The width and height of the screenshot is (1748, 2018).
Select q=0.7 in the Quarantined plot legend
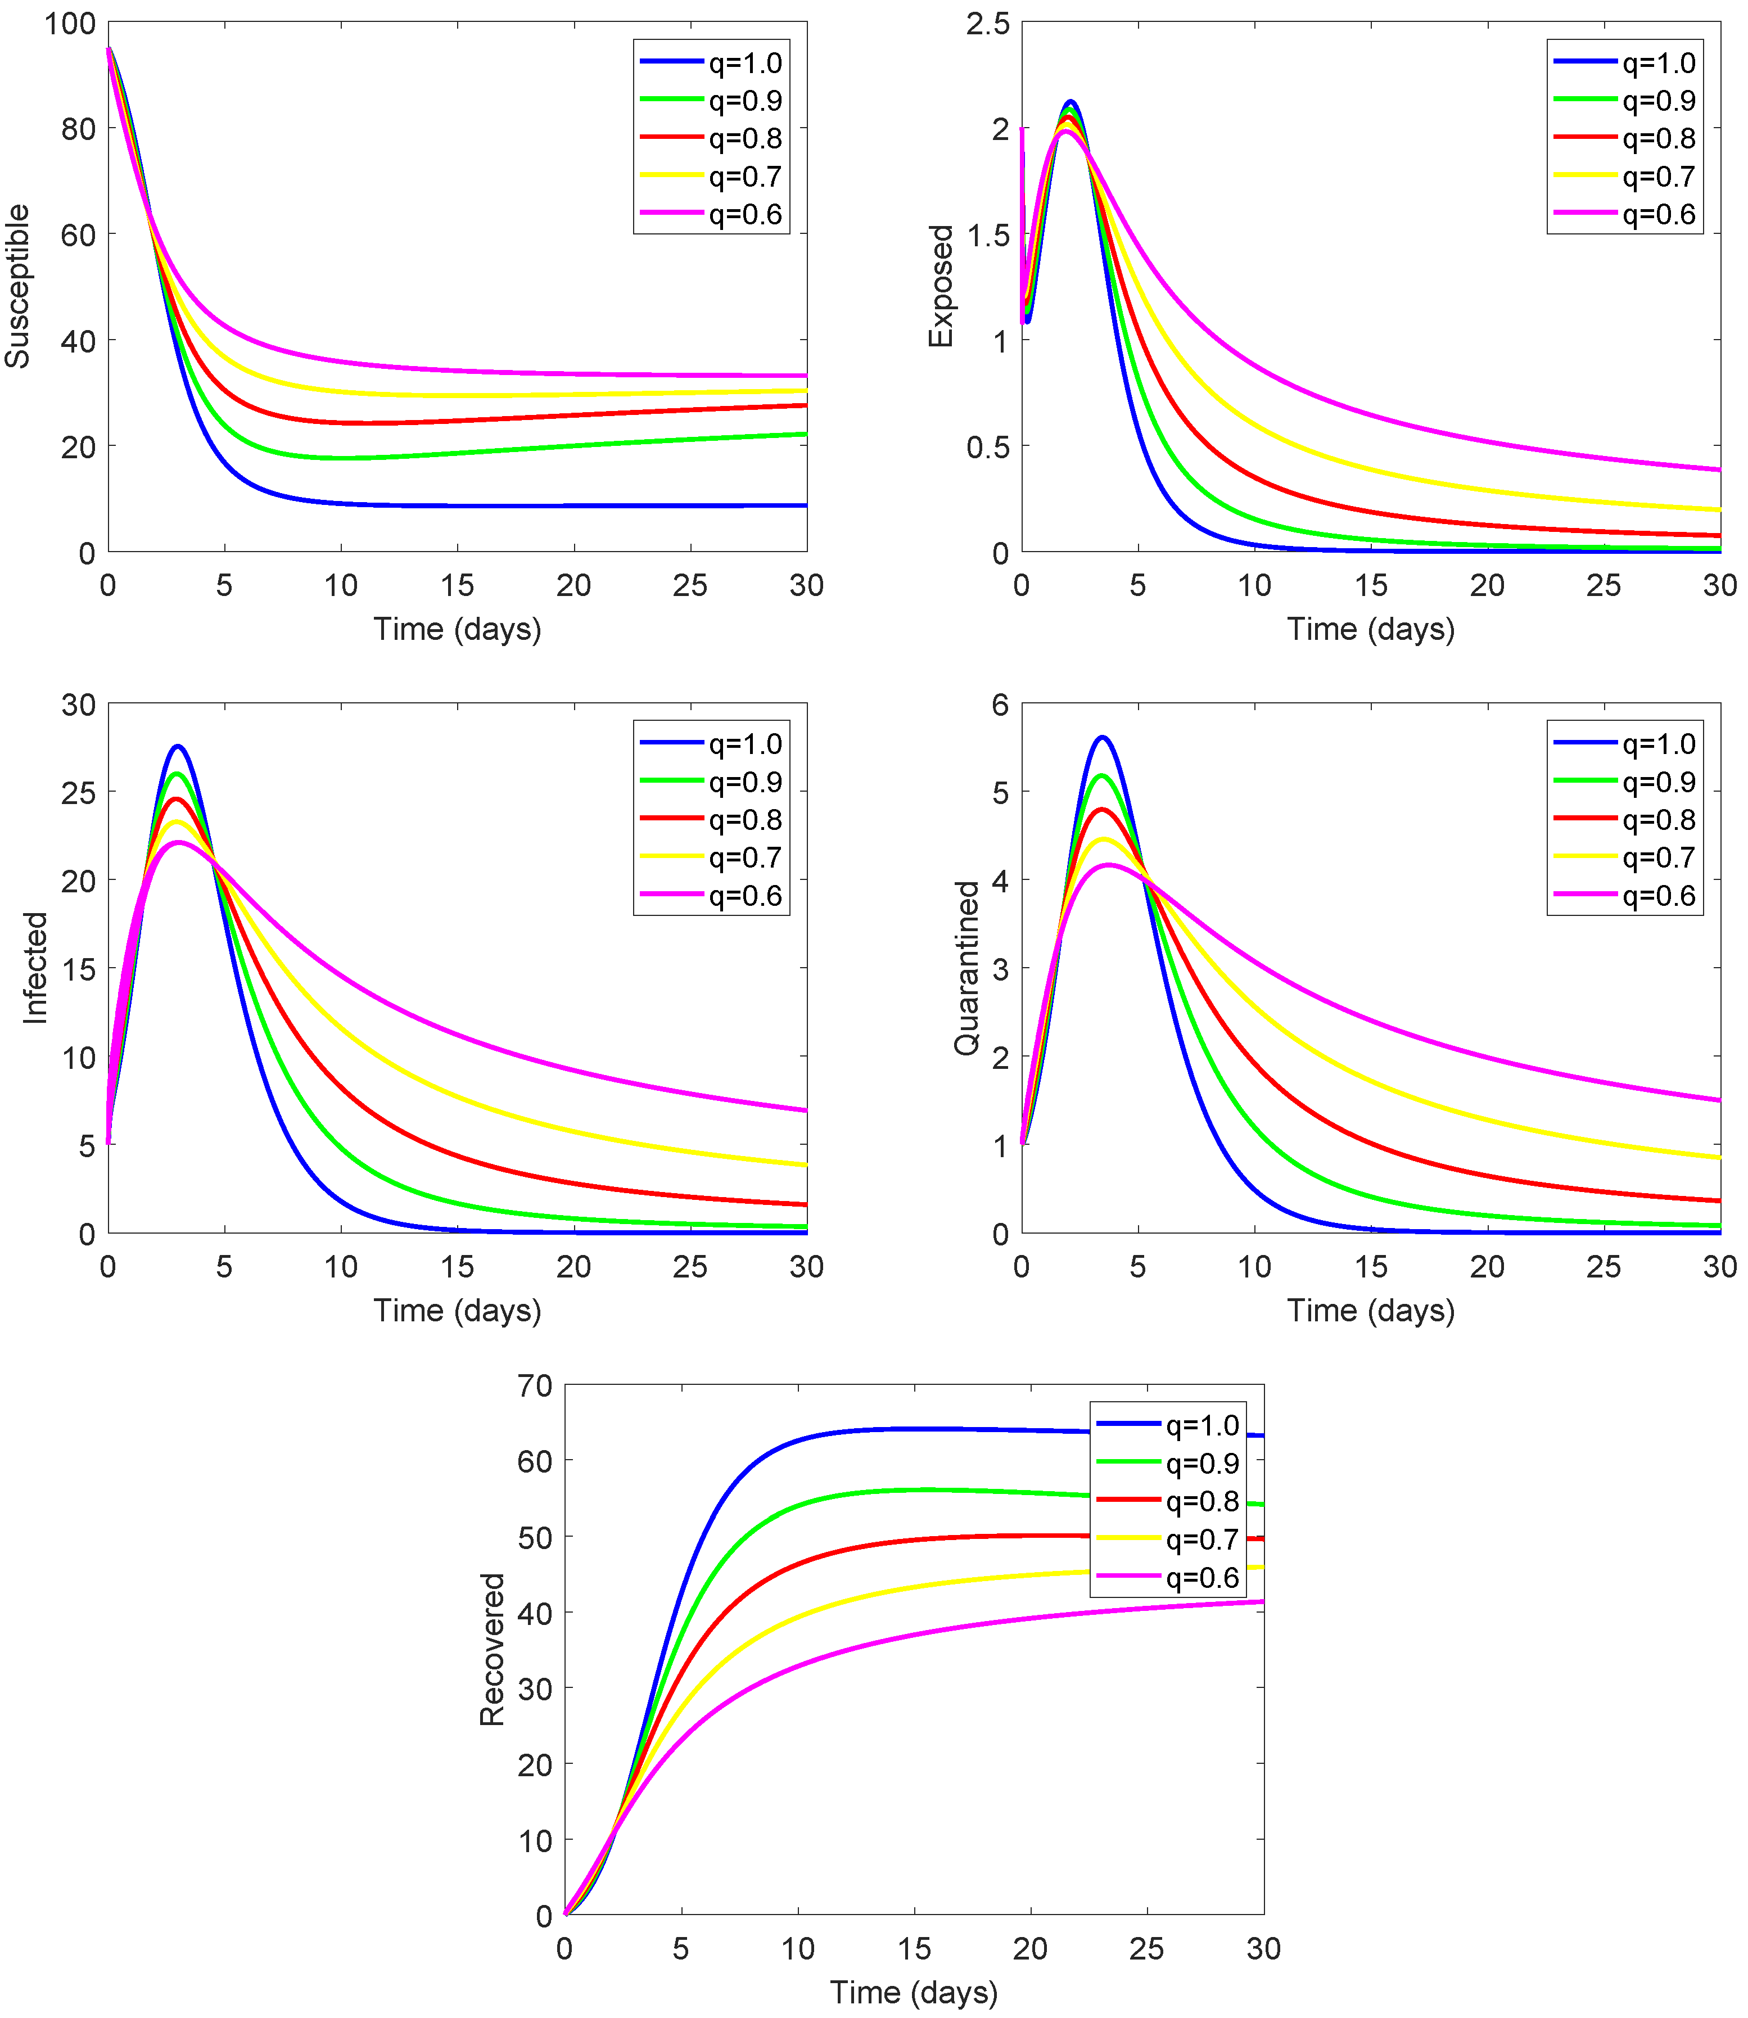tap(1658, 857)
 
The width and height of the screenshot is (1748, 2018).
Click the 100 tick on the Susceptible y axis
tap(70, 24)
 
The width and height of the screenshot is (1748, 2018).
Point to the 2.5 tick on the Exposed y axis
tap(987, 24)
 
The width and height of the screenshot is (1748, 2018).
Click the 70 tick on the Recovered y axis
tap(535, 1386)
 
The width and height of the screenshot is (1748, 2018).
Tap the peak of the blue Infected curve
tap(178, 747)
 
